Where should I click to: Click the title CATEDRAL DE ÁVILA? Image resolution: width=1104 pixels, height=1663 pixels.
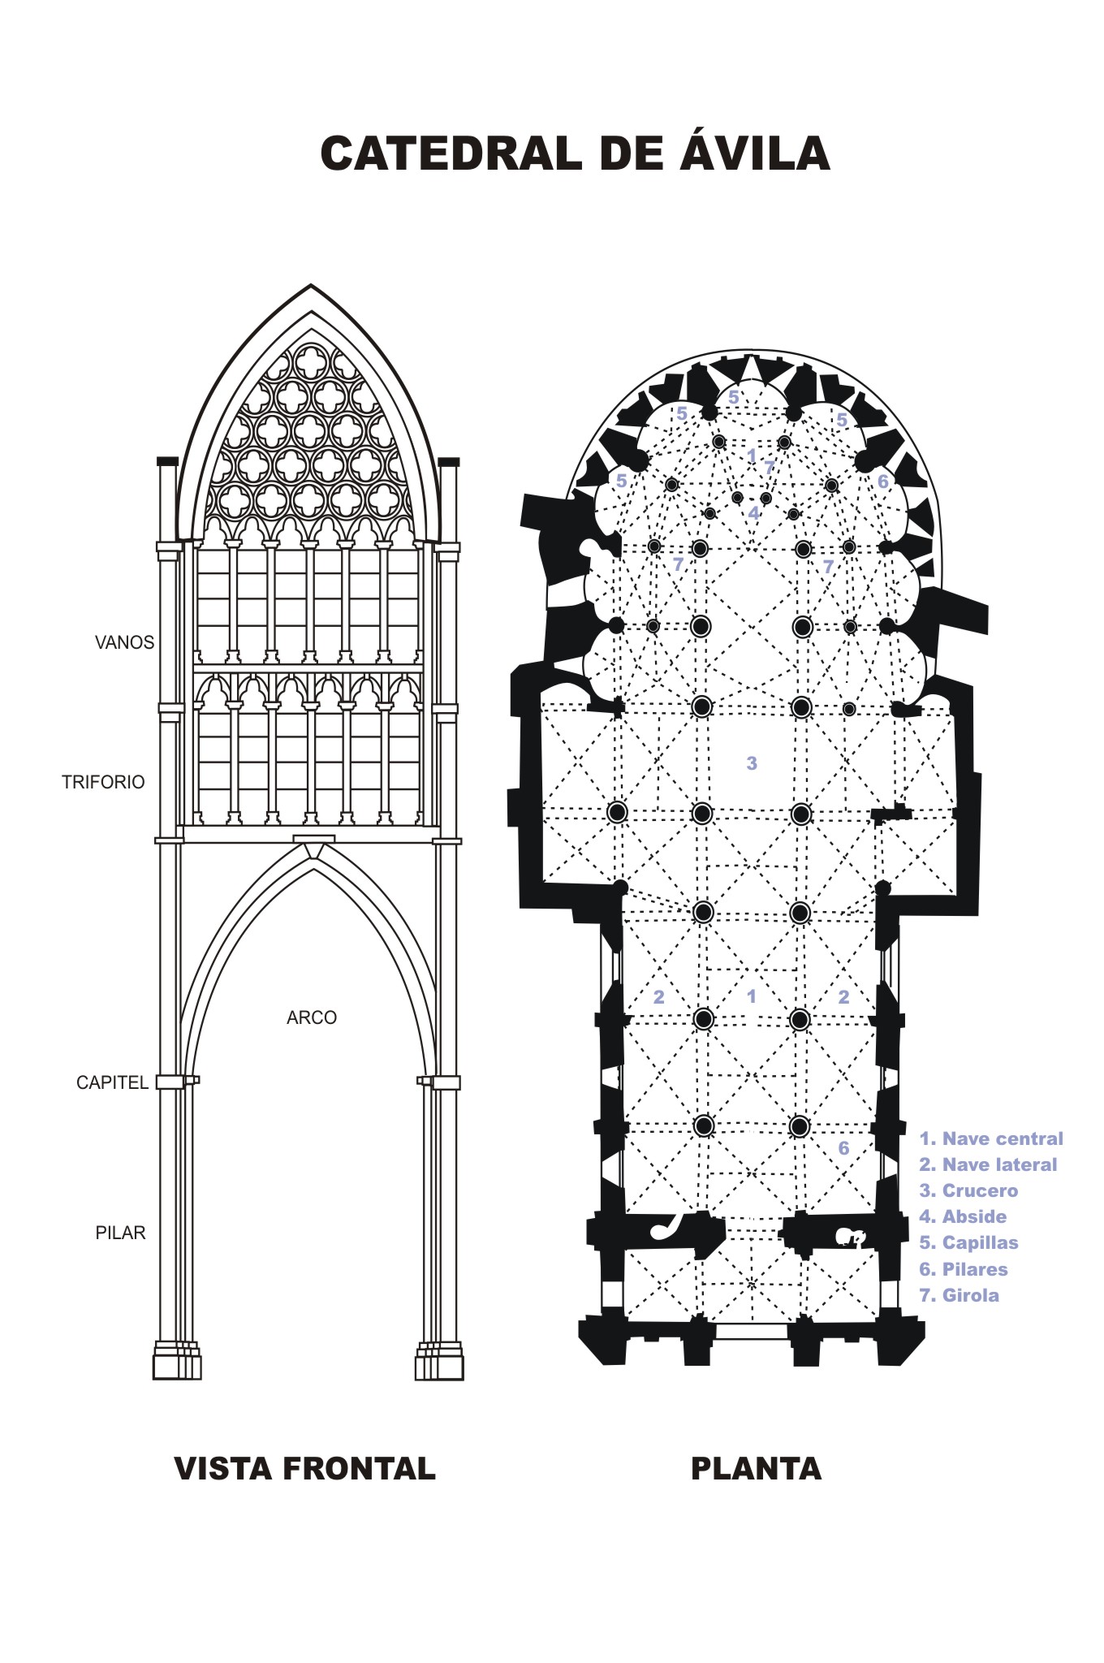point(575,153)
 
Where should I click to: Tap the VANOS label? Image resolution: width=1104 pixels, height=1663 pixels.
point(124,642)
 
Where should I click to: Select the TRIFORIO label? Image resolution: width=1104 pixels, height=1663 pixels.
point(103,782)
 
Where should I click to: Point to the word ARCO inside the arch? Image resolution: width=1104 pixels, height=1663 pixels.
point(311,1017)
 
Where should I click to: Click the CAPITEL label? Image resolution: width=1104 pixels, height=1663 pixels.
point(112,1082)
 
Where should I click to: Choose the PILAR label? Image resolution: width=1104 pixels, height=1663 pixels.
point(120,1233)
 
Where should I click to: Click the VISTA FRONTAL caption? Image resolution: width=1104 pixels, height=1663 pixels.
point(305,1468)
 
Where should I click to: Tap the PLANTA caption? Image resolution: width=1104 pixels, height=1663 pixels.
point(756,1468)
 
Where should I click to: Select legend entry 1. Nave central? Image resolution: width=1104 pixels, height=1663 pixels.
point(990,1138)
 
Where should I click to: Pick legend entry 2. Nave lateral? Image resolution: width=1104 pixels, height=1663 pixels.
point(988,1164)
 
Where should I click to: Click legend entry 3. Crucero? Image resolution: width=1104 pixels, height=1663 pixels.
point(968,1190)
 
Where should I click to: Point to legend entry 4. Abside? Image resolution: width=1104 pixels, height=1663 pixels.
point(963,1216)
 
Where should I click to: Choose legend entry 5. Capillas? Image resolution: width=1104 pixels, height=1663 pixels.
point(968,1242)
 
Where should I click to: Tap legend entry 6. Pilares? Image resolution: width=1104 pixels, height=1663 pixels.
point(963,1269)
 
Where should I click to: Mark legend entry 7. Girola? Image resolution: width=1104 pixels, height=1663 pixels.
point(959,1295)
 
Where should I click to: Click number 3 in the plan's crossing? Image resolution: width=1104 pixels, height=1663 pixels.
point(752,762)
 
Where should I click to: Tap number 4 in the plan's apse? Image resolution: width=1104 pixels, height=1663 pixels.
point(753,513)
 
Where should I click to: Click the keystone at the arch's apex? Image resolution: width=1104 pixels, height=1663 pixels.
point(313,844)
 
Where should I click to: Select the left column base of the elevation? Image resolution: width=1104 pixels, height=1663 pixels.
point(176,1364)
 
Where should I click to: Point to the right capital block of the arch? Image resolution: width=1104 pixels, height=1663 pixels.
point(443,1082)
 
